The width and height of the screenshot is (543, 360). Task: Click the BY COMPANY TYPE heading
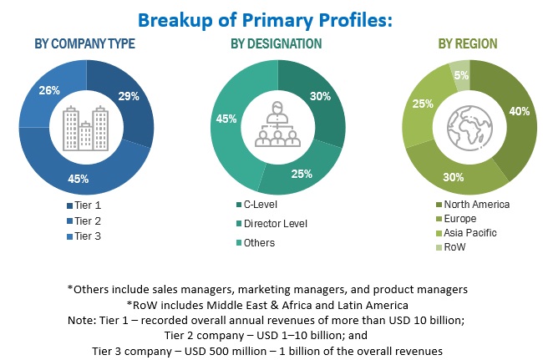tap(86, 43)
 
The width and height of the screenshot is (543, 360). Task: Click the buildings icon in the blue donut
tap(87, 126)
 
